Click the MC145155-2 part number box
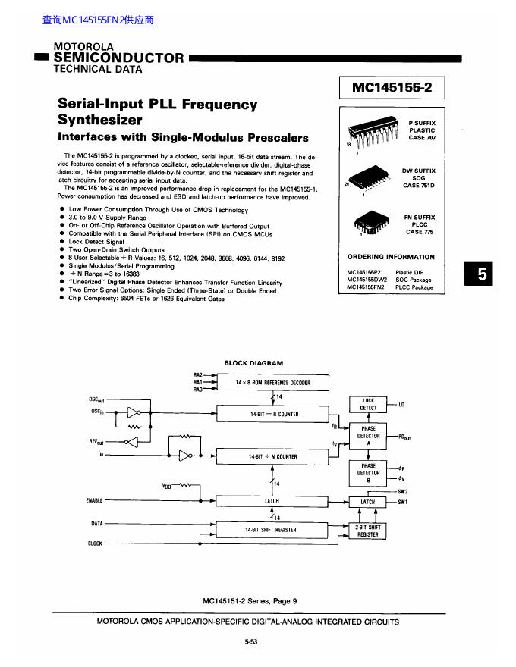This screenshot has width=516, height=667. pos(391,88)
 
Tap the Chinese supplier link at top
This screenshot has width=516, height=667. pos(98,20)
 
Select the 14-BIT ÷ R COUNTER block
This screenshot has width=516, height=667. pos(274,415)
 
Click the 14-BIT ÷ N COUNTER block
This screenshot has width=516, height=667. pos(274,457)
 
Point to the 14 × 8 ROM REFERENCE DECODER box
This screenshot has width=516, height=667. pos(273,383)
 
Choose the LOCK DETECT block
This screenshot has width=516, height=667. pos(368,404)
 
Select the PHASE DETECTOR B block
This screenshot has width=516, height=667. pos(368,473)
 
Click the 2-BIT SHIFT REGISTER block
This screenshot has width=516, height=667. pos(368,531)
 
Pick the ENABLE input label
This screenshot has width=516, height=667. pos(95,500)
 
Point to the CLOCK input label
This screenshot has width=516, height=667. pos(95,543)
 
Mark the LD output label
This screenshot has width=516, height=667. pos(401,405)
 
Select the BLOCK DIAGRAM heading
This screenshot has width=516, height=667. pos(253,363)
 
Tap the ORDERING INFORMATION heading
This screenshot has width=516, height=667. pos(391,257)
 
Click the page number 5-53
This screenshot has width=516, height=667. pos(251,642)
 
